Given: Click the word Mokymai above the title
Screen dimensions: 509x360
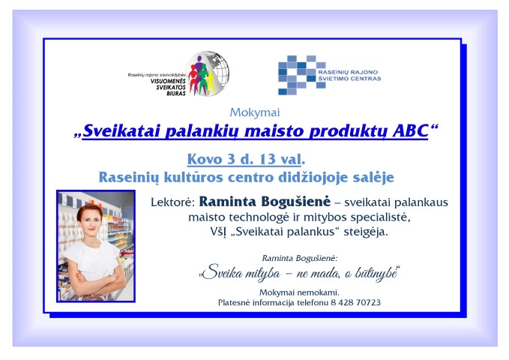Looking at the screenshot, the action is click(x=255, y=112).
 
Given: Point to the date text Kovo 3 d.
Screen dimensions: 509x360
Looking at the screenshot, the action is click(x=218, y=159).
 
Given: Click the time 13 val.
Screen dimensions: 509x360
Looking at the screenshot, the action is click(x=282, y=159).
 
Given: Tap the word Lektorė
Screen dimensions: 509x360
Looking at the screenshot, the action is click(x=172, y=202).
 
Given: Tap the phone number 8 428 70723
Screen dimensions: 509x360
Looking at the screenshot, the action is click(x=356, y=302).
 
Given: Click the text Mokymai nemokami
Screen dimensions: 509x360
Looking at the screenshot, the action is click(x=299, y=292).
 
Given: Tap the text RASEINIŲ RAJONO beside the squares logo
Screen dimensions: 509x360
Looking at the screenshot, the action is click(x=348, y=72).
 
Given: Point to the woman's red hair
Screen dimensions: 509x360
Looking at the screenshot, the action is click(x=89, y=210).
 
